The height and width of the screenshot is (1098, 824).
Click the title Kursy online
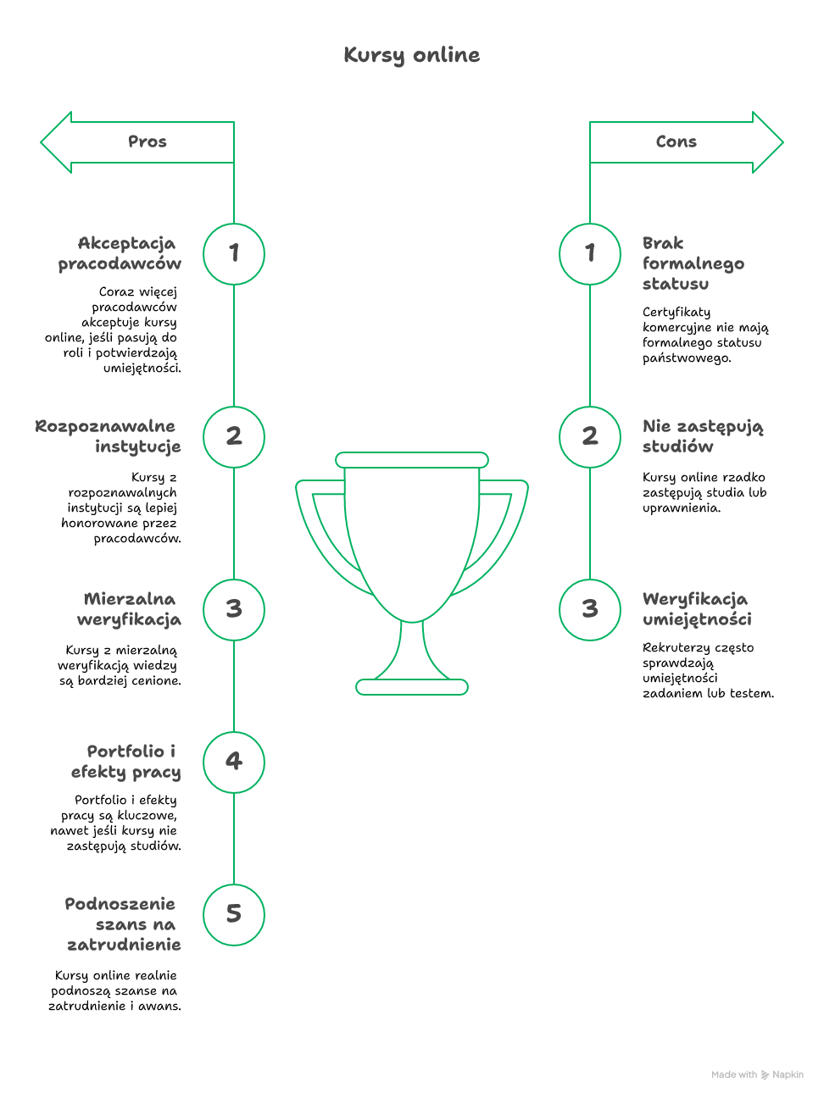coord(412,55)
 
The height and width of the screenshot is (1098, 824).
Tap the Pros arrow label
coord(148,141)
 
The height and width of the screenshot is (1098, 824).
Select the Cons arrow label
coord(676,141)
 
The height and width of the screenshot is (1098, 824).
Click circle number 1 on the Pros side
coord(234,253)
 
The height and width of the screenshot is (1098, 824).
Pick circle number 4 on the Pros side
coord(234,762)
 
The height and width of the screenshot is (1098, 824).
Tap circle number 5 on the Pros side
coord(234,914)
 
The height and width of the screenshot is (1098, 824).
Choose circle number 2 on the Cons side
coord(590,436)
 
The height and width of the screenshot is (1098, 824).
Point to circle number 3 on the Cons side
coord(590,609)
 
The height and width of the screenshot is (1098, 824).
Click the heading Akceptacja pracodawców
coord(120,253)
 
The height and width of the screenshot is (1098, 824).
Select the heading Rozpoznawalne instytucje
coord(109,436)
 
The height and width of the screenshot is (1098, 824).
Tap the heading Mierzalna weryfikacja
coord(130,609)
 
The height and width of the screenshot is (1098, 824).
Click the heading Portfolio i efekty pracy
coord(126,762)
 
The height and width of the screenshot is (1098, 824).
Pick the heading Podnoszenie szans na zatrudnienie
coord(123,924)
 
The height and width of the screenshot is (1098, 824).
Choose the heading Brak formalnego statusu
coord(693,263)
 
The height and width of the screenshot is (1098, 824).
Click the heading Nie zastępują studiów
coord(702,436)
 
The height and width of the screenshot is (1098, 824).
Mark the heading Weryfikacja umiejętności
coord(696,609)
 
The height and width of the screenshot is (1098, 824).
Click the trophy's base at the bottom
coord(412,687)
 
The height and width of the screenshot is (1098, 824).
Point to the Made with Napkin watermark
coord(757,1074)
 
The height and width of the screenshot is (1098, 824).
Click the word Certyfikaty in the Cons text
coord(676,312)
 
